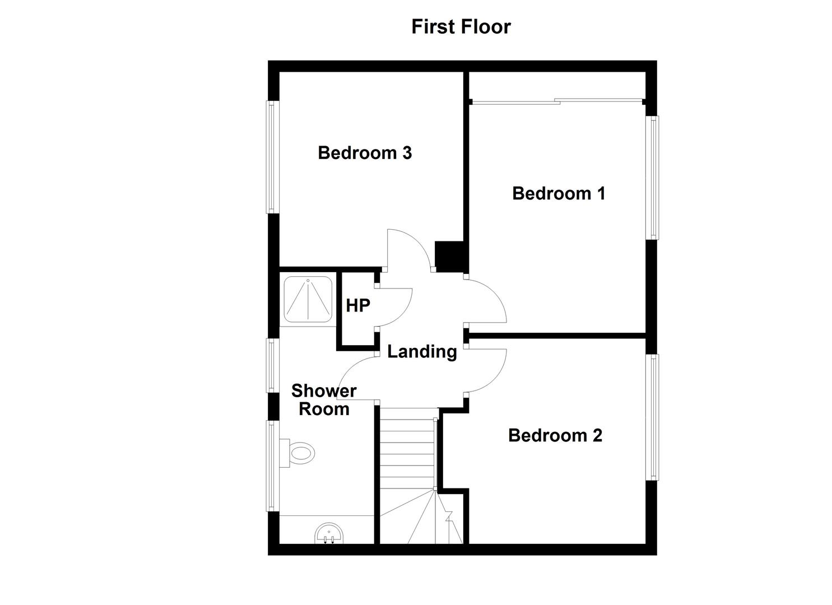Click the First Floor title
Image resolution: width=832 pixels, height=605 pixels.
461,27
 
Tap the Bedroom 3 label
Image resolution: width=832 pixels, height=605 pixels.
365,153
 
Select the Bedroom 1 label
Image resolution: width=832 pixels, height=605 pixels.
559,193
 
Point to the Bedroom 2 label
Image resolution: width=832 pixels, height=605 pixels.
555,435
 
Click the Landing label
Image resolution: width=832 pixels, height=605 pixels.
422,351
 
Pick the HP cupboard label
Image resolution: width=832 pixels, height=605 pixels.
357,306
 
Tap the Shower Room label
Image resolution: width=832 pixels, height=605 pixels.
324,400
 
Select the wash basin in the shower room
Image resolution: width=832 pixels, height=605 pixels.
329,534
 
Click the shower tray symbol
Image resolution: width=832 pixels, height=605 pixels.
308,299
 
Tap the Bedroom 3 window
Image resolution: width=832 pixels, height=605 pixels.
272,157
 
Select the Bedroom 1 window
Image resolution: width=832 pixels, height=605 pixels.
652,178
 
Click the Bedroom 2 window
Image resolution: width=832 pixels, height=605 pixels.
652,417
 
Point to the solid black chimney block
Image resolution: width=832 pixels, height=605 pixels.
449,256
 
